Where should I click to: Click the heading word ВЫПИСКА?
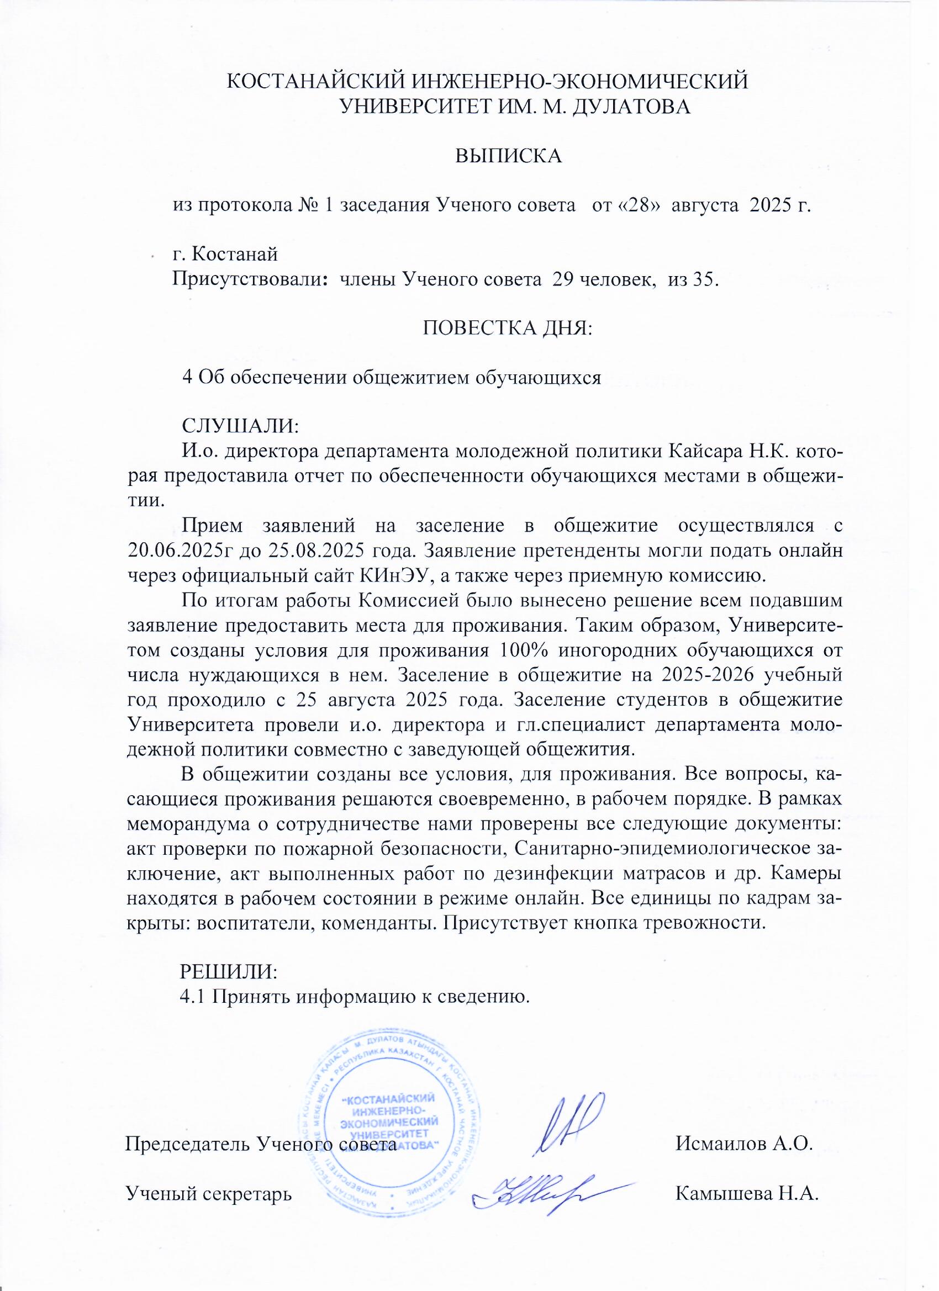508,155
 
